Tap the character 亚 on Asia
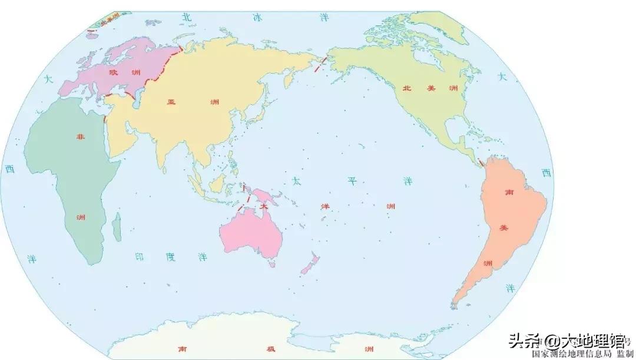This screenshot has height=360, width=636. tap(171, 101)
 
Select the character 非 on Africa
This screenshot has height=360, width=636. tap(80, 137)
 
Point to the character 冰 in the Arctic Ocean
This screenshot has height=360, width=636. tap(257, 17)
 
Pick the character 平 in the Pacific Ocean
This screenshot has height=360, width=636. tap(352, 181)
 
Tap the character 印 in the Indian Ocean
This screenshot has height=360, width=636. tap(139, 257)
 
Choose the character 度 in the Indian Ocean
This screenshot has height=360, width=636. tap(171, 257)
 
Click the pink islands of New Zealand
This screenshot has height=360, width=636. tap(310, 265)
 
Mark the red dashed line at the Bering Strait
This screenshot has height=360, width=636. tap(320, 64)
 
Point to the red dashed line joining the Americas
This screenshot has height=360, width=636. tap(481, 161)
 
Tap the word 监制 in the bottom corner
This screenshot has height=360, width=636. tap(625, 354)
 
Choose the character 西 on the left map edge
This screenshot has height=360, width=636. tap(9, 169)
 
